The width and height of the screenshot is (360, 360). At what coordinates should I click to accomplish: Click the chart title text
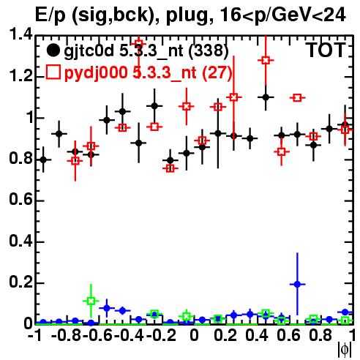click(x=190, y=15)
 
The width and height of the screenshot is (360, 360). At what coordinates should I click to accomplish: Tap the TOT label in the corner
click(x=327, y=50)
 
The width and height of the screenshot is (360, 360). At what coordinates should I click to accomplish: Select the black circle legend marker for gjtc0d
click(x=53, y=50)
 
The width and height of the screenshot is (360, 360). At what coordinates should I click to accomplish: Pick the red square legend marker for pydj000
click(x=53, y=72)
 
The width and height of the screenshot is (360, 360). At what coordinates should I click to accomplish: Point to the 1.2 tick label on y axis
click(x=20, y=76)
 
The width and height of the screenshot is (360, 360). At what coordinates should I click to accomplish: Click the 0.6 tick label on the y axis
click(x=20, y=200)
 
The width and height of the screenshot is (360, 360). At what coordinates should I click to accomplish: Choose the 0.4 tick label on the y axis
click(x=20, y=241)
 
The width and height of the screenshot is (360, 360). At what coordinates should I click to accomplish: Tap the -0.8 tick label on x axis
click(x=66, y=336)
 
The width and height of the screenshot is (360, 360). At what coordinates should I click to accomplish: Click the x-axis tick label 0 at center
click(x=194, y=336)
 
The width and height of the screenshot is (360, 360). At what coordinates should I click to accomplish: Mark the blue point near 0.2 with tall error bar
click(x=297, y=284)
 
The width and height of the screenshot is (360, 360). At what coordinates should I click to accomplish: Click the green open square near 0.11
click(x=91, y=301)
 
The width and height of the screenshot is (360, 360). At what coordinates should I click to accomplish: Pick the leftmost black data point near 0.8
click(x=43, y=160)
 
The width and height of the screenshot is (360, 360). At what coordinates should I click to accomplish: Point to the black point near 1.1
click(x=266, y=97)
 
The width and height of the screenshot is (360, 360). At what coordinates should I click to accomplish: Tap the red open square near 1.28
click(x=266, y=60)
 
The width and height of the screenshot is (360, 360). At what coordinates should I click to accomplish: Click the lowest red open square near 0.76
click(x=170, y=168)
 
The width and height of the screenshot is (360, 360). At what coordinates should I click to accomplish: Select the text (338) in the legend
click(x=209, y=50)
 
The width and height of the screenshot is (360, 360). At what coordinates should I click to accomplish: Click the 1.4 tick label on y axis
click(x=20, y=34)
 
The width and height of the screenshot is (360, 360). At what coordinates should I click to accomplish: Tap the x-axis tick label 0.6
click(x=288, y=336)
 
